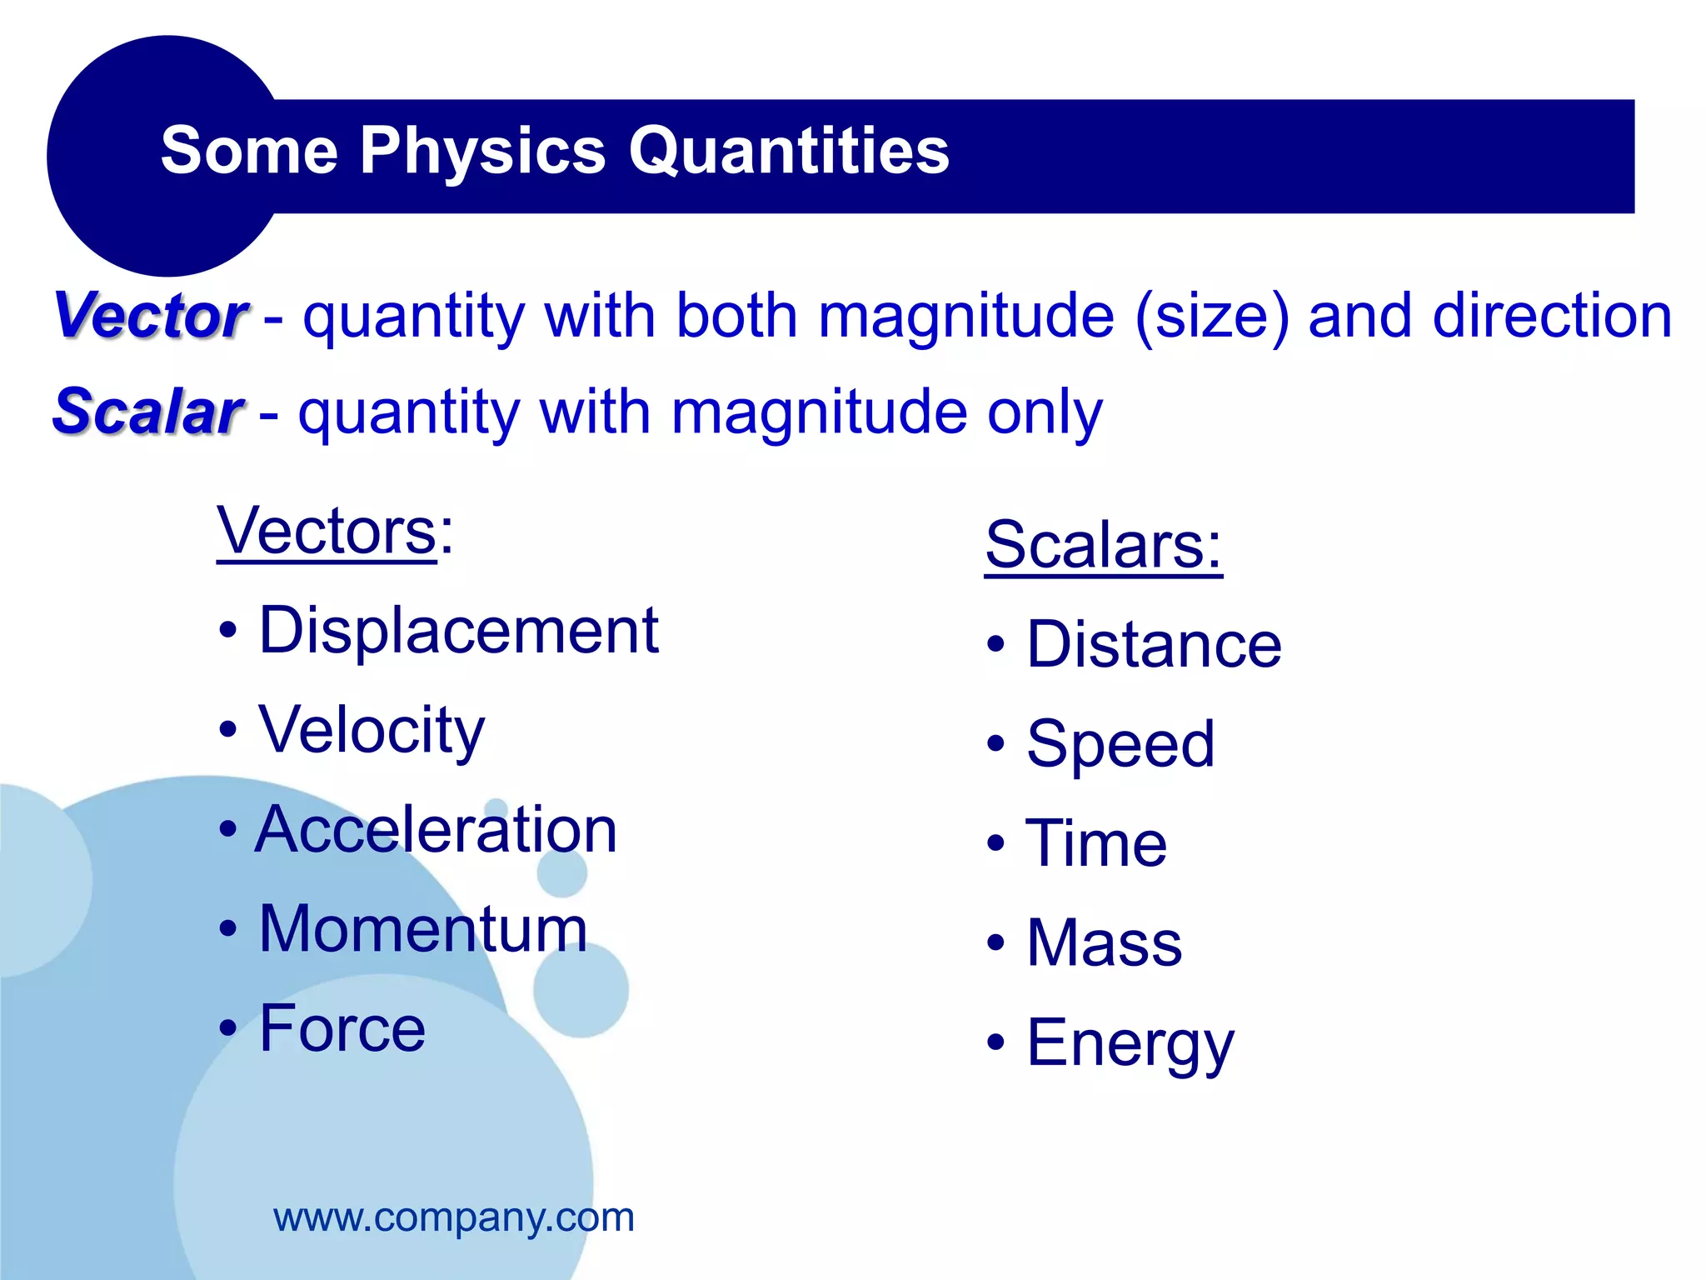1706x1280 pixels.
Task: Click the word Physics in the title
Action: [x=482, y=152]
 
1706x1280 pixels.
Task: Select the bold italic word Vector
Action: [x=151, y=316]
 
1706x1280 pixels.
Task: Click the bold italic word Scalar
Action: [x=147, y=412]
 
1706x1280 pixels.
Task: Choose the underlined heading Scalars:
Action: [x=1103, y=545]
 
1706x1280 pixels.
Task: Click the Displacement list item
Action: [x=458, y=631]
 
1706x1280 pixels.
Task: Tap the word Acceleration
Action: [x=436, y=830]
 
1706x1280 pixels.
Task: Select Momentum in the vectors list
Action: [x=423, y=929]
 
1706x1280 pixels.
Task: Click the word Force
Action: [x=342, y=1028]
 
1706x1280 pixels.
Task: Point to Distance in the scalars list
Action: [x=1154, y=645]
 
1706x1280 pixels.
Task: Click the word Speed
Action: [x=1120, y=744]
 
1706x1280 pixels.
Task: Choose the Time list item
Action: [x=1096, y=843]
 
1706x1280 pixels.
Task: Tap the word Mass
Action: [x=1104, y=943]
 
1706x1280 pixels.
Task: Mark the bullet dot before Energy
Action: [x=995, y=1042]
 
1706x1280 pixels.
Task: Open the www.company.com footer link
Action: [x=454, y=1217]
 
